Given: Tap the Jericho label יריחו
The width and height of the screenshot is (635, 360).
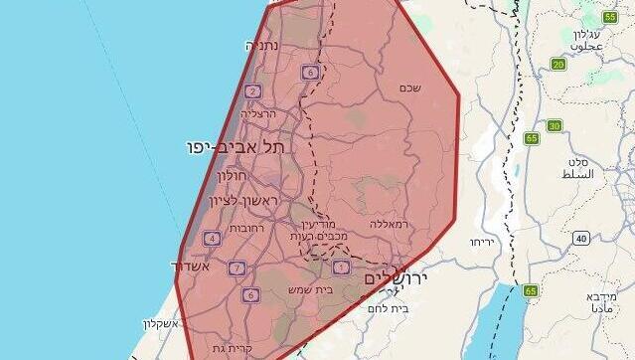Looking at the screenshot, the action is (x=482, y=242).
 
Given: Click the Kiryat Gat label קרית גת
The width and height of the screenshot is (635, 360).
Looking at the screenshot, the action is (x=232, y=348).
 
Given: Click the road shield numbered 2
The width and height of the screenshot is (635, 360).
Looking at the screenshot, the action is (x=253, y=91).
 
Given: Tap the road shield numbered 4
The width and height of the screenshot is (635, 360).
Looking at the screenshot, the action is (x=212, y=238).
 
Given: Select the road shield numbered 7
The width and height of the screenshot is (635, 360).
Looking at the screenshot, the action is (x=237, y=268).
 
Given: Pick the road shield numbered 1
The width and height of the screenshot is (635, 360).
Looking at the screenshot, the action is (x=342, y=267).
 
